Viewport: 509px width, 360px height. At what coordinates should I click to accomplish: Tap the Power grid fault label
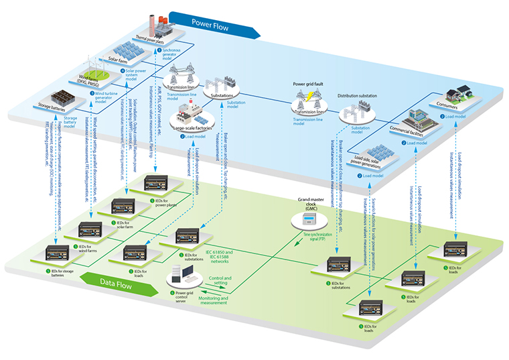[x=309, y=85]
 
